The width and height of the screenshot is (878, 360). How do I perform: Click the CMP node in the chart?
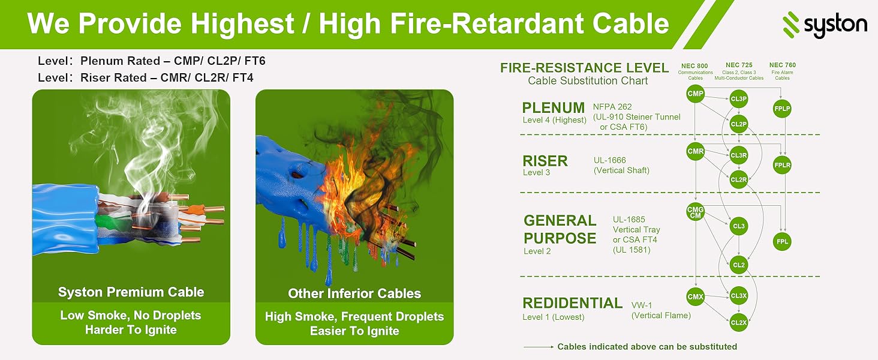tap(695, 94)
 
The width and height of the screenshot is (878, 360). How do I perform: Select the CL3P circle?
tap(738, 99)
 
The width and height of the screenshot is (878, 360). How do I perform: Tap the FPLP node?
tap(782, 109)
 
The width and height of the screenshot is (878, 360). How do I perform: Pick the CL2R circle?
tap(738, 179)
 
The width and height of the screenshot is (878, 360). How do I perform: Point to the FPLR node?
tap(782, 165)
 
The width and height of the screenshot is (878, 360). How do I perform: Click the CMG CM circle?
tap(695, 212)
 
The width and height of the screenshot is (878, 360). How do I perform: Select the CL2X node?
tap(738, 322)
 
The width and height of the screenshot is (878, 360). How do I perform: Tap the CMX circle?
tap(695, 297)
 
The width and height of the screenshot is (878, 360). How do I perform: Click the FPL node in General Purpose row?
tap(782, 242)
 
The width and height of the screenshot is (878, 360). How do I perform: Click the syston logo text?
tap(835, 25)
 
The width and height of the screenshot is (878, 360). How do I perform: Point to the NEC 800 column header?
tap(694, 66)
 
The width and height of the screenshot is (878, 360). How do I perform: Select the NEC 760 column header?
tap(783, 65)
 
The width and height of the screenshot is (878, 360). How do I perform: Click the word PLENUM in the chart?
tap(553, 108)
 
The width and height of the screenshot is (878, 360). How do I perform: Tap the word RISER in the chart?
tap(545, 161)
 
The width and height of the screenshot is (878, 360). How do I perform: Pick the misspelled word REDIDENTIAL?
tap(572, 303)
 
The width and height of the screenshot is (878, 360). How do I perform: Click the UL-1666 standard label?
tap(609, 160)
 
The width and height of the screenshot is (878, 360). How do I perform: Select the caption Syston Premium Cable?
tap(131, 292)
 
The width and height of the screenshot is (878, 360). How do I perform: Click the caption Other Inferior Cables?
tap(354, 294)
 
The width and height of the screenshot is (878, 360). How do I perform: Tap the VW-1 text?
tap(641, 305)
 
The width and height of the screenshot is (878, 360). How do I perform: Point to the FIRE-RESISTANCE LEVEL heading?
tap(584, 68)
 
